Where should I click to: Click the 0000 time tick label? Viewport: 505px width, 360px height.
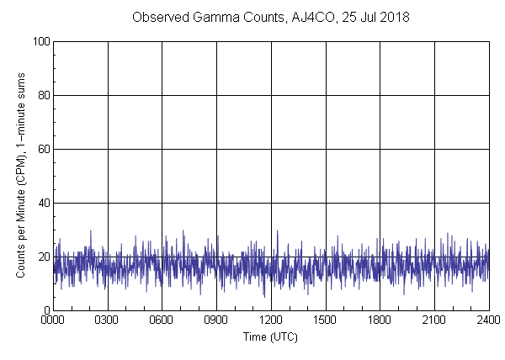pos(53,320)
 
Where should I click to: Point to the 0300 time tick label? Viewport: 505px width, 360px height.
pos(108,320)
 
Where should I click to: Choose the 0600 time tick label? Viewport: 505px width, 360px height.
pos(162,320)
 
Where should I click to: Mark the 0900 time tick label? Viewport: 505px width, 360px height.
pos(216,320)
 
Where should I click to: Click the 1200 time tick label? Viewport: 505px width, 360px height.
pos(271,320)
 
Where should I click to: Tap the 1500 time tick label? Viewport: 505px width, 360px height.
pos(326,320)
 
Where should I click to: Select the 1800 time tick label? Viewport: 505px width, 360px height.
pos(380,320)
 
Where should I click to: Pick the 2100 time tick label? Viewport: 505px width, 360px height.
pos(434,320)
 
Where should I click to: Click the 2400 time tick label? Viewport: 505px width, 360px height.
pos(488,320)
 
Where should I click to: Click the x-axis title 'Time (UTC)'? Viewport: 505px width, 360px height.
pos(270,337)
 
